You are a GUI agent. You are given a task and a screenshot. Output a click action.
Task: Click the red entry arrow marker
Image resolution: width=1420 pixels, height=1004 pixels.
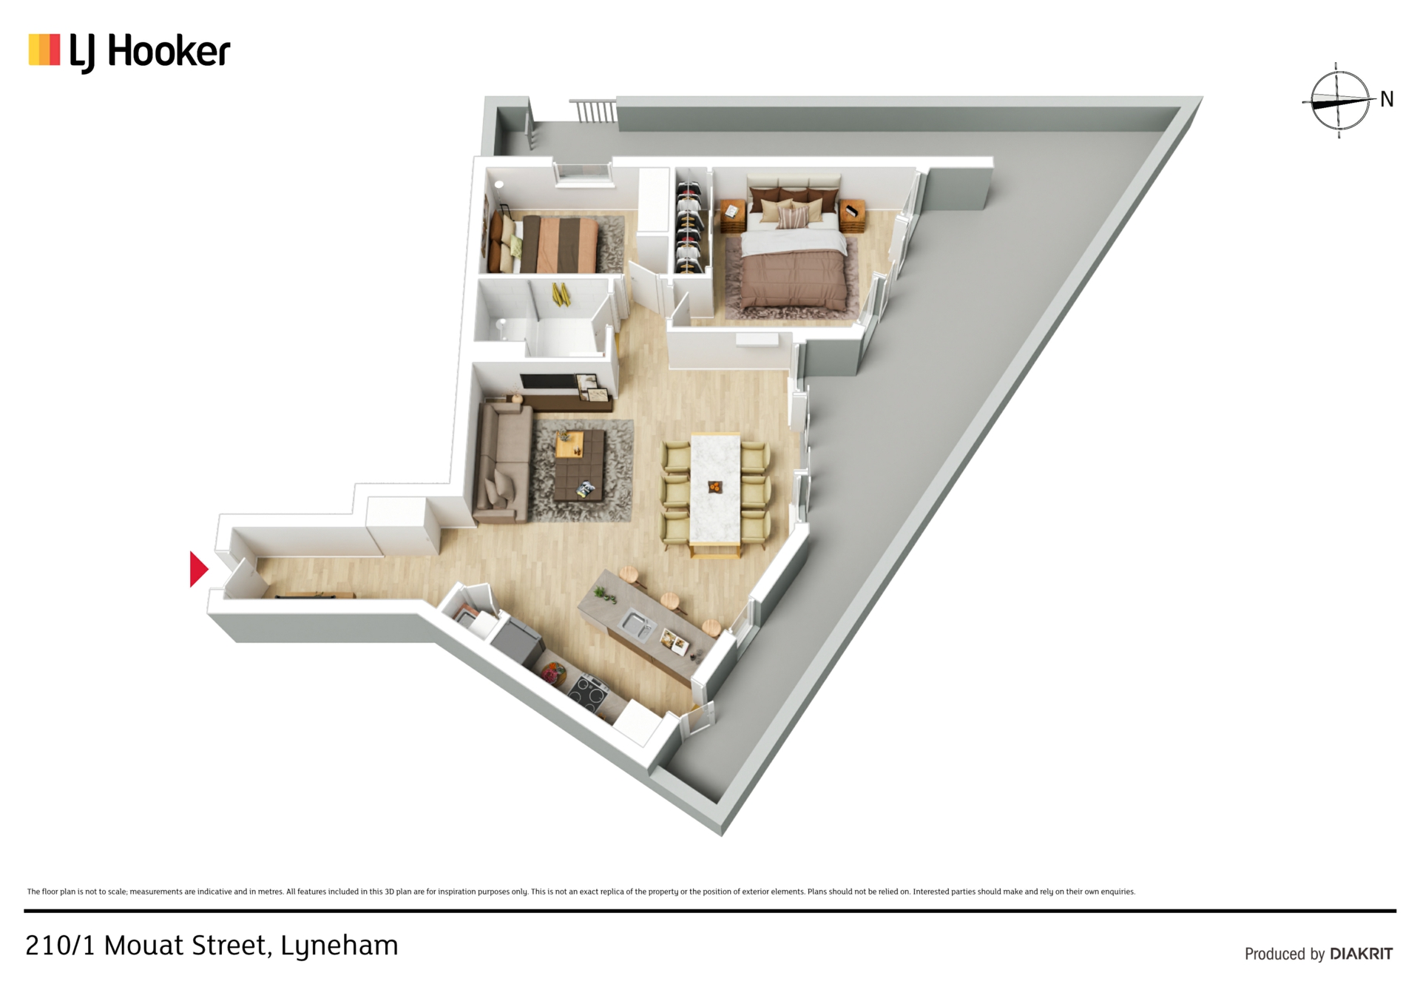click(198, 569)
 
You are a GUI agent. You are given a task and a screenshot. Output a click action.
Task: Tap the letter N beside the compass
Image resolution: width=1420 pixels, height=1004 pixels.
click(1387, 99)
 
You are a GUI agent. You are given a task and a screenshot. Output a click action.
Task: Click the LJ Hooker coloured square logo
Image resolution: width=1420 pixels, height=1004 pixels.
click(44, 50)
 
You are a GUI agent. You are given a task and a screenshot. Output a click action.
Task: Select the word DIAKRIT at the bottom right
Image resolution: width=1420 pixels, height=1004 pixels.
click(1361, 954)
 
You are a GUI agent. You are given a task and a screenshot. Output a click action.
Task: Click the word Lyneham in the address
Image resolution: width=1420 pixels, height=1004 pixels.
click(339, 946)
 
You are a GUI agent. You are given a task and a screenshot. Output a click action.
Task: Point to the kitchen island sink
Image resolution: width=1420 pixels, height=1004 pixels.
click(636, 626)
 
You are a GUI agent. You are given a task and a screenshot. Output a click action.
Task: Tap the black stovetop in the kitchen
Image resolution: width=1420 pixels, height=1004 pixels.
click(589, 693)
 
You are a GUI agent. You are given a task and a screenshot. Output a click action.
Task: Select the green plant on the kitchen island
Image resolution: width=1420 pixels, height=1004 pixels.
click(605, 593)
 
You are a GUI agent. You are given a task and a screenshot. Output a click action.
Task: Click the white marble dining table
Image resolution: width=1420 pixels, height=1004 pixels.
click(715, 488)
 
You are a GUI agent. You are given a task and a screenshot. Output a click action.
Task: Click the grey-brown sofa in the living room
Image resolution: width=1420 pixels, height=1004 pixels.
click(501, 462)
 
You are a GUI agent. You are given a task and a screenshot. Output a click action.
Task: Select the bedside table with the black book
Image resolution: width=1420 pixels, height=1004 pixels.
click(853, 215)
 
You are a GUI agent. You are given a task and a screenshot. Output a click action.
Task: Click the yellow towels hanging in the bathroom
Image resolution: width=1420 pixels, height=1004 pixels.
click(561, 294)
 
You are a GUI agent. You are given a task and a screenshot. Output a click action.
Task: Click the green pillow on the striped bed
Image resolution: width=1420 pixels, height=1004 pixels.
click(515, 246)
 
